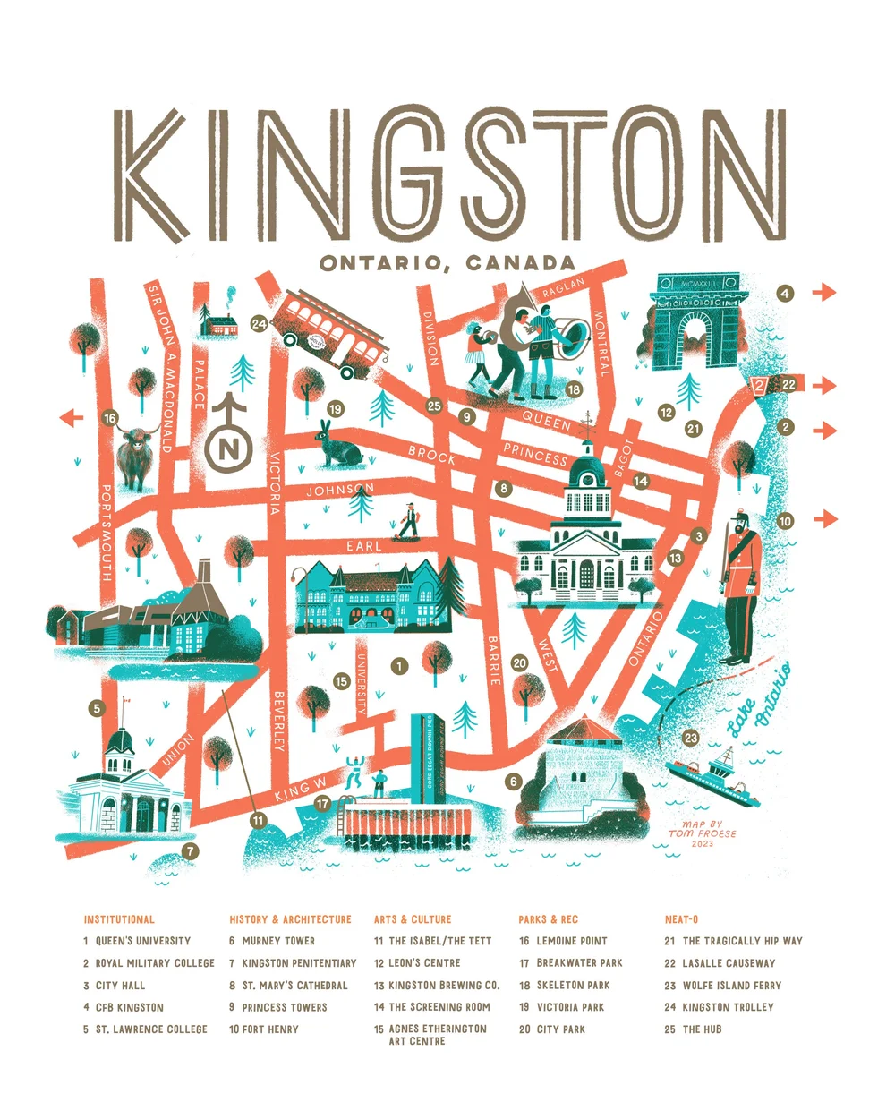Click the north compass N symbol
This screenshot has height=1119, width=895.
coord(229,447)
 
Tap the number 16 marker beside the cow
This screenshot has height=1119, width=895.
coord(110,418)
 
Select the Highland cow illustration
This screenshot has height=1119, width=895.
coord(135,454)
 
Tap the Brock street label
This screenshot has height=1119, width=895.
coord(432,455)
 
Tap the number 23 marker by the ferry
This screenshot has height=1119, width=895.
coord(690,738)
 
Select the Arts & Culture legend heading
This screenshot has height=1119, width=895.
coord(413,919)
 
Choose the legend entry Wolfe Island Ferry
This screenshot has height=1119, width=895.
coord(731,985)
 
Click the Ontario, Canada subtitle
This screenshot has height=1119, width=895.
coord(447,263)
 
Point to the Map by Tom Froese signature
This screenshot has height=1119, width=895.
coord(703,833)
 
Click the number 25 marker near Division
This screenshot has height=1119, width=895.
coord(435,406)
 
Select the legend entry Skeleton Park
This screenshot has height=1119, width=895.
coord(573,985)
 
